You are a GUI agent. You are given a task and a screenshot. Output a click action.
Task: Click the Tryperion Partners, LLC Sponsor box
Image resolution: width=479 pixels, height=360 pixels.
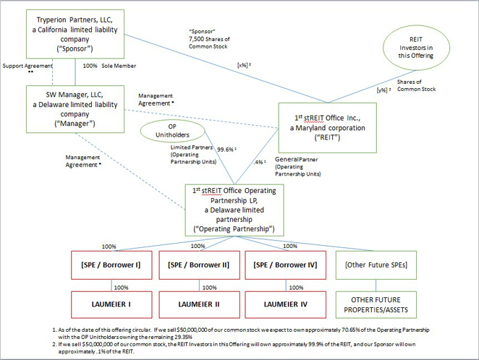point(75,33)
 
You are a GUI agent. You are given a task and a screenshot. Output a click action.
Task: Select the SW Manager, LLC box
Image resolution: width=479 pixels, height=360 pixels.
point(75,108)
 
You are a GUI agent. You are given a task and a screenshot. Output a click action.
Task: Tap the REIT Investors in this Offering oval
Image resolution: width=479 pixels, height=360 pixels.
point(423,46)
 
